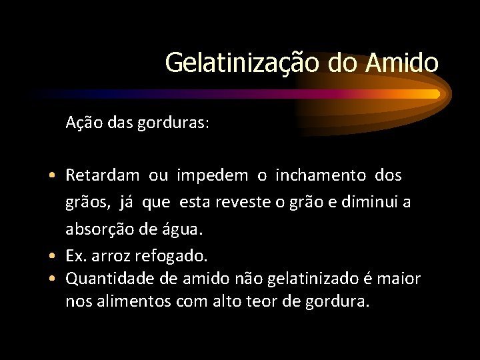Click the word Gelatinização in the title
click(243, 63)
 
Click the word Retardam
click(103, 176)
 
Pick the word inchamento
click(321, 176)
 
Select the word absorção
click(97, 229)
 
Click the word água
click(177, 229)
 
